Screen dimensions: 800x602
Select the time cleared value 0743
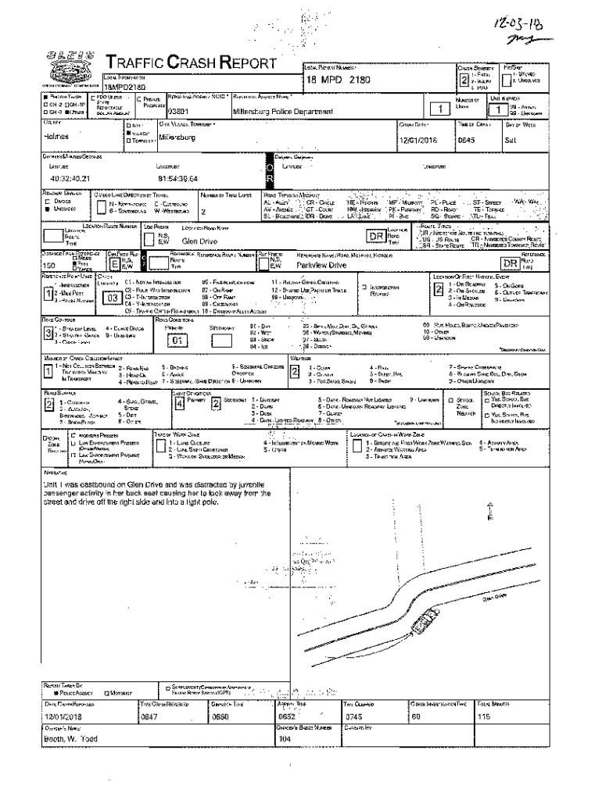click(x=353, y=716)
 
